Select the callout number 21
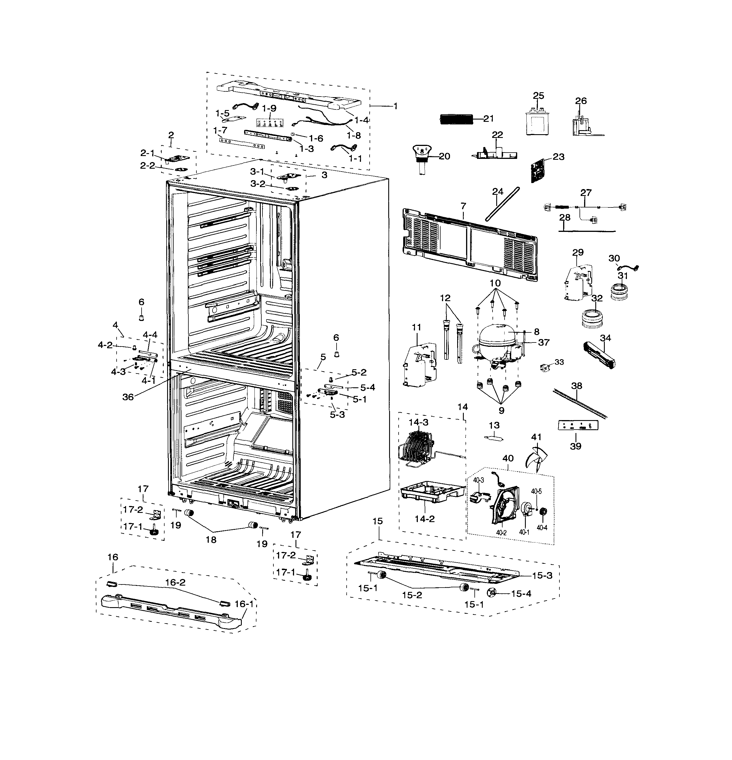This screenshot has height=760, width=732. coord(489,119)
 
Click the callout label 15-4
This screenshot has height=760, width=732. coord(521,593)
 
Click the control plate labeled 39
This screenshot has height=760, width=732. coord(578,425)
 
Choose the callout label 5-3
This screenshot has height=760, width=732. coord(337,415)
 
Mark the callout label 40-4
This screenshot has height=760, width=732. coord(542,528)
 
